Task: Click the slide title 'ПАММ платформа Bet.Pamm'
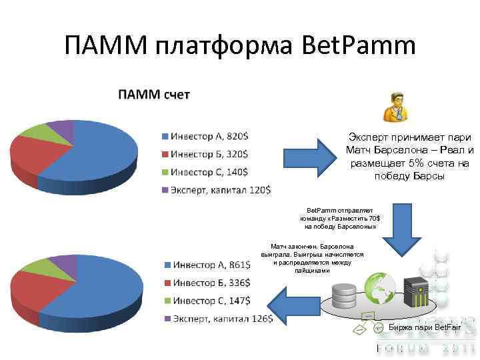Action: pos(240,46)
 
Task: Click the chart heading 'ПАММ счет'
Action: pos(153,95)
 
